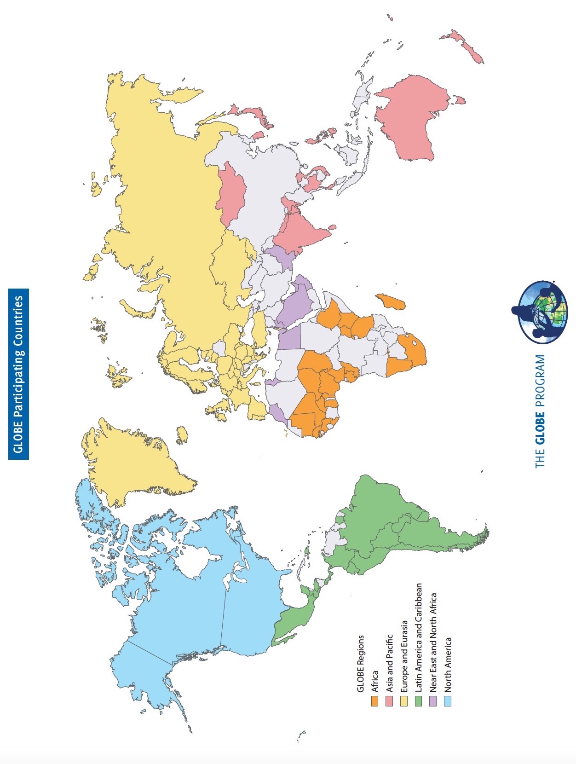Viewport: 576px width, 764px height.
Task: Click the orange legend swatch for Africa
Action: pyautogui.click(x=375, y=701)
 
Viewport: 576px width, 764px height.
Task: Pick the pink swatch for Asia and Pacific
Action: pyautogui.click(x=389, y=701)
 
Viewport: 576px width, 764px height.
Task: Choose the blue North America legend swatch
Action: pyautogui.click(x=447, y=701)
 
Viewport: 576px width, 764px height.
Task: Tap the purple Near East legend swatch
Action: pyautogui.click(x=433, y=701)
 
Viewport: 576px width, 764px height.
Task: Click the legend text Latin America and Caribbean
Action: pyautogui.click(x=419, y=637)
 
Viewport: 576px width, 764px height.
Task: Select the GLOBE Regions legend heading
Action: pyautogui.click(x=361, y=663)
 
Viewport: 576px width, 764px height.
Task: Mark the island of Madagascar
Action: pyautogui.click(x=391, y=301)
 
